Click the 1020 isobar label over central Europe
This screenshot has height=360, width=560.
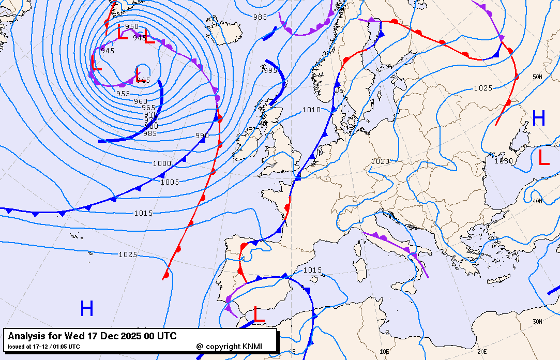click(x=380, y=162)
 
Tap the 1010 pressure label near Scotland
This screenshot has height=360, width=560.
click(x=311, y=110)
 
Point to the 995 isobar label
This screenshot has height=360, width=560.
click(x=270, y=71)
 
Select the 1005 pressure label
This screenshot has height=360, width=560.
click(x=170, y=182)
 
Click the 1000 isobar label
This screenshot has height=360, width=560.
click(x=161, y=163)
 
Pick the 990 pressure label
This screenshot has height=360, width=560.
click(x=202, y=136)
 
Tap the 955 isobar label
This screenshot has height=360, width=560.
click(x=123, y=94)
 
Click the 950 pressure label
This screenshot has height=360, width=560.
click(x=132, y=26)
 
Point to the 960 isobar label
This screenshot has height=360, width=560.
click(x=141, y=101)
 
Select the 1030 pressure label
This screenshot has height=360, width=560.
click(x=504, y=161)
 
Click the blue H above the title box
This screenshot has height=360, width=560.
click(x=86, y=309)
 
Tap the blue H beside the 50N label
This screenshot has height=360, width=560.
click(x=539, y=119)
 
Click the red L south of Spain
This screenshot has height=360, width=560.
click(x=259, y=314)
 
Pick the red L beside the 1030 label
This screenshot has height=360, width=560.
click(x=543, y=157)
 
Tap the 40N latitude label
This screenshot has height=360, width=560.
click(x=537, y=201)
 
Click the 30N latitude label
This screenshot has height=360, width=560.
click(x=537, y=322)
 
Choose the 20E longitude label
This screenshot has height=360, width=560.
click(x=482, y=351)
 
